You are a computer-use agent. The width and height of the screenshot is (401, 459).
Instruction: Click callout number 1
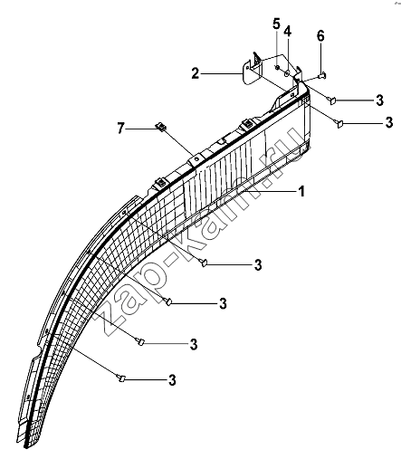pyautogui.click(x=301, y=191)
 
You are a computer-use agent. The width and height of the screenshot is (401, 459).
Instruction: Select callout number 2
pyautogui.click(x=196, y=73)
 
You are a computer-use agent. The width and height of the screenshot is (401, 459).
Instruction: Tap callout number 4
pyautogui.click(x=287, y=31)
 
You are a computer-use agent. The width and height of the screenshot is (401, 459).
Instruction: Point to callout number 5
pyautogui.click(x=276, y=24)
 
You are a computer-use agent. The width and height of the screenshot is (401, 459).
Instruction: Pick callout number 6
pyautogui.click(x=320, y=36)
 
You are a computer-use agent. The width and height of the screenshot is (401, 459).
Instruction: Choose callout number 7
pyautogui.click(x=120, y=129)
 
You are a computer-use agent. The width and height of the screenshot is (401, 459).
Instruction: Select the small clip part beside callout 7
pyautogui.click(x=161, y=127)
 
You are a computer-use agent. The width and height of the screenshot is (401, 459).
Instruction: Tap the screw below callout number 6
pyautogui.click(x=322, y=75)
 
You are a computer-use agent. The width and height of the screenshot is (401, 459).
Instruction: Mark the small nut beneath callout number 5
pyautogui.click(x=276, y=67)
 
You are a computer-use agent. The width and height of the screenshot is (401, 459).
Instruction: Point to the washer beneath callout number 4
pyautogui.click(x=287, y=72)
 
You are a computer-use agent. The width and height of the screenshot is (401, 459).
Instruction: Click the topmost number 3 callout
pyautogui.click(x=379, y=100)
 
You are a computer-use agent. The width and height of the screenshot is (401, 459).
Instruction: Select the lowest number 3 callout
pyautogui.click(x=172, y=380)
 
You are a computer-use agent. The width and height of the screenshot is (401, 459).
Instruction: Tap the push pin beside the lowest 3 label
pyautogui.click(x=121, y=378)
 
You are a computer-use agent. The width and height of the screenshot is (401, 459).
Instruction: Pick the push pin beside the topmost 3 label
pyautogui.click(x=331, y=100)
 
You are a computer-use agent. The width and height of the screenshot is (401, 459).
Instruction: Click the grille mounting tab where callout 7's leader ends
pyautogui.click(x=196, y=158)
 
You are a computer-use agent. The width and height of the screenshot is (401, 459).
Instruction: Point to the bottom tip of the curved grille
pyautogui.click(x=26, y=447)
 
